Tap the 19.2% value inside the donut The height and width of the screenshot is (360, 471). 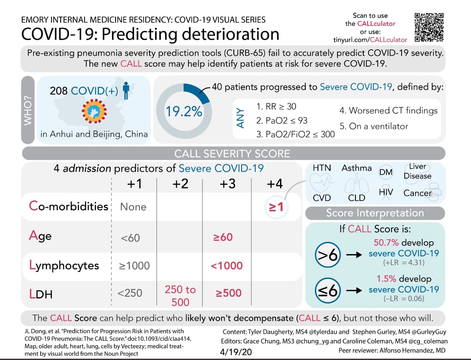point(184,112)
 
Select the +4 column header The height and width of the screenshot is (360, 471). point(274,184)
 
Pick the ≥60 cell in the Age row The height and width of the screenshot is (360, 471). point(223,237)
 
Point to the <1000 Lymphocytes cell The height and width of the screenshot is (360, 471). point(227,265)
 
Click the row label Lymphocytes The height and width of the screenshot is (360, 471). point(64,265)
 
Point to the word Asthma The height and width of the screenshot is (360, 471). point(357,168)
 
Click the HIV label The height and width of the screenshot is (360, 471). point(386,192)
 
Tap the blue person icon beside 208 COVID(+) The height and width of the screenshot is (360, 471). point(126,90)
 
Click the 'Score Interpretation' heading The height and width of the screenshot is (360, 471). point(375,213)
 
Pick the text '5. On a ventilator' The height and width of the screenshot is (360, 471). point(374,126)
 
